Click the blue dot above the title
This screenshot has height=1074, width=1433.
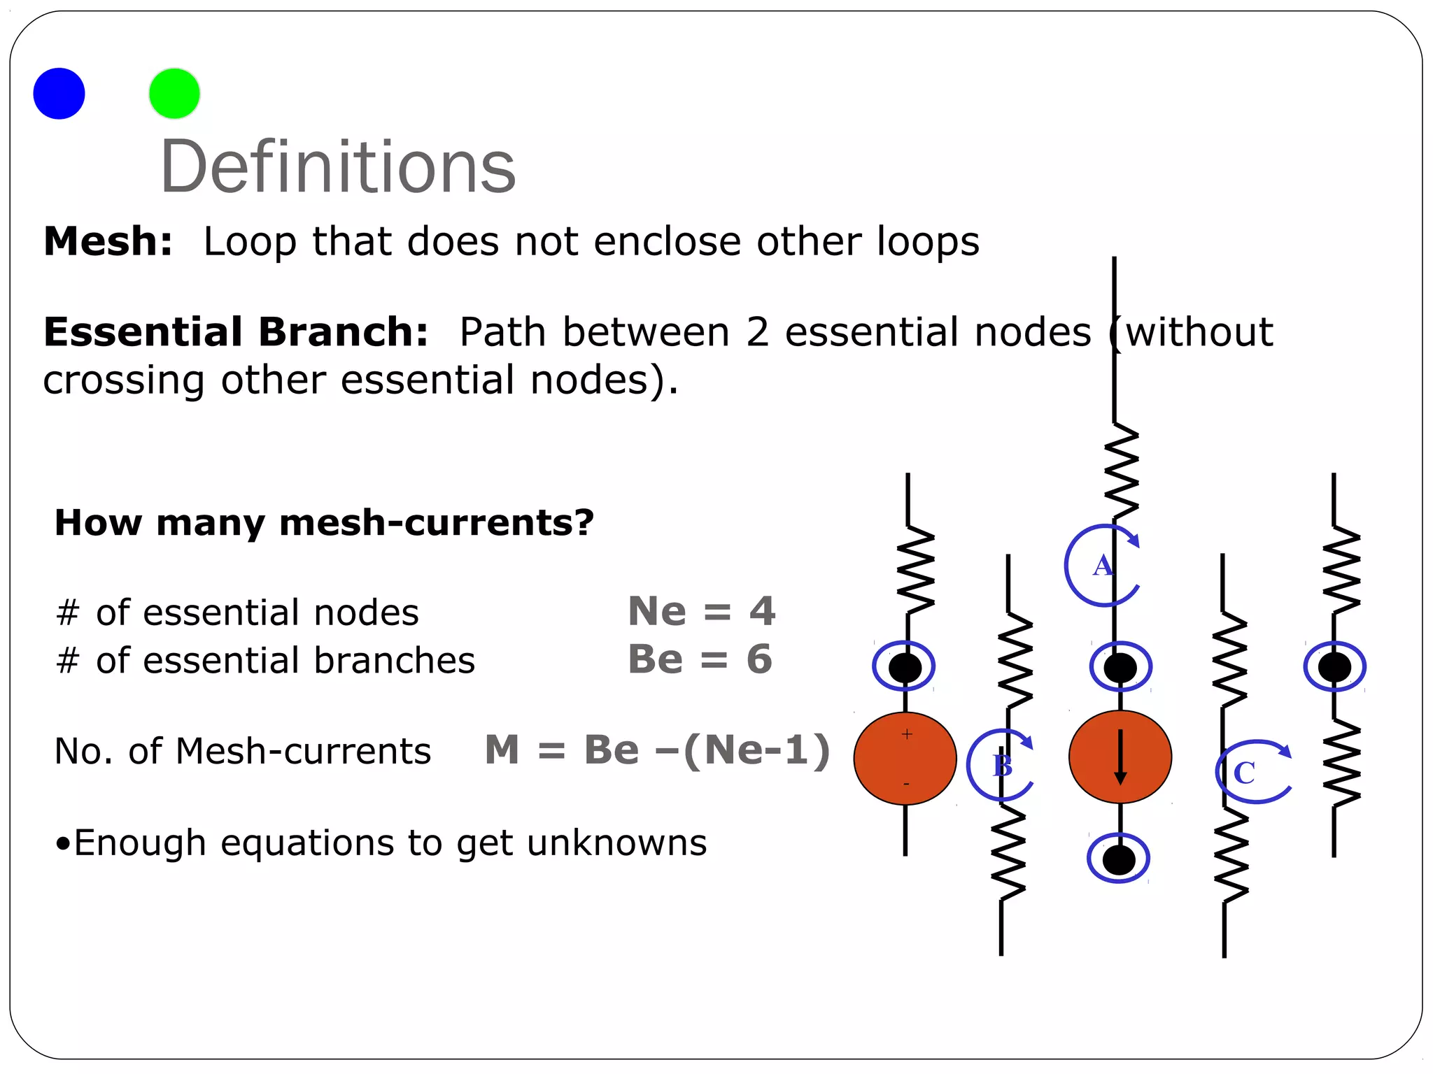pos(59,94)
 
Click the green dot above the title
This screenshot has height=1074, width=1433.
pos(174,94)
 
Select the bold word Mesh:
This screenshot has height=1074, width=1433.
pos(108,241)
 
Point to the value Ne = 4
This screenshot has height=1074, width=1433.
pos(701,611)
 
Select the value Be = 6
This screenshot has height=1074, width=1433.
pos(700,659)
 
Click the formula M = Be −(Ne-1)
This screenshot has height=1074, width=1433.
pos(657,750)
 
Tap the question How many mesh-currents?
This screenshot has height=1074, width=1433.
pos(324,522)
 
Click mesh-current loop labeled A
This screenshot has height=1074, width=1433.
pos(1103,565)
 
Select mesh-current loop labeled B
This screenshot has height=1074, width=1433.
pos(1001,765)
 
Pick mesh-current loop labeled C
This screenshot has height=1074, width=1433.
pos(1252,772)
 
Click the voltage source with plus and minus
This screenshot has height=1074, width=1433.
pos(905,758)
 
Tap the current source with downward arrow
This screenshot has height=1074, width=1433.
pos(1120,757)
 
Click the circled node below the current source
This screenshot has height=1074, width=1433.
pos(1118,859)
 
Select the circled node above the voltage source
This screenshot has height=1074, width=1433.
pos(904,666)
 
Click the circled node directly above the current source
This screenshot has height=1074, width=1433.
pos(1120,666)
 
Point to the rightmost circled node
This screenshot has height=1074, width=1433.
pos(1334,666)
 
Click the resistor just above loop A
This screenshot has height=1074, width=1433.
pos(1121,472)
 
